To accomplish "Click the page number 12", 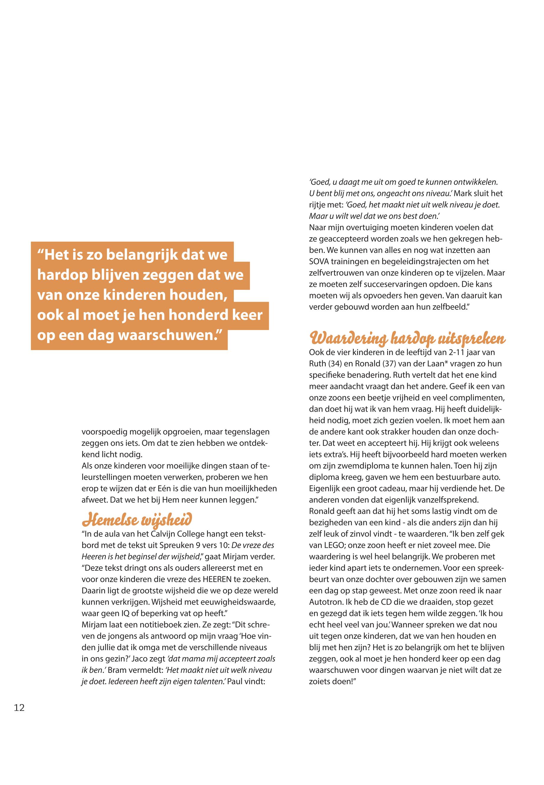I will point(19,708).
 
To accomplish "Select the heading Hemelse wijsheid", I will point(137,520).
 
